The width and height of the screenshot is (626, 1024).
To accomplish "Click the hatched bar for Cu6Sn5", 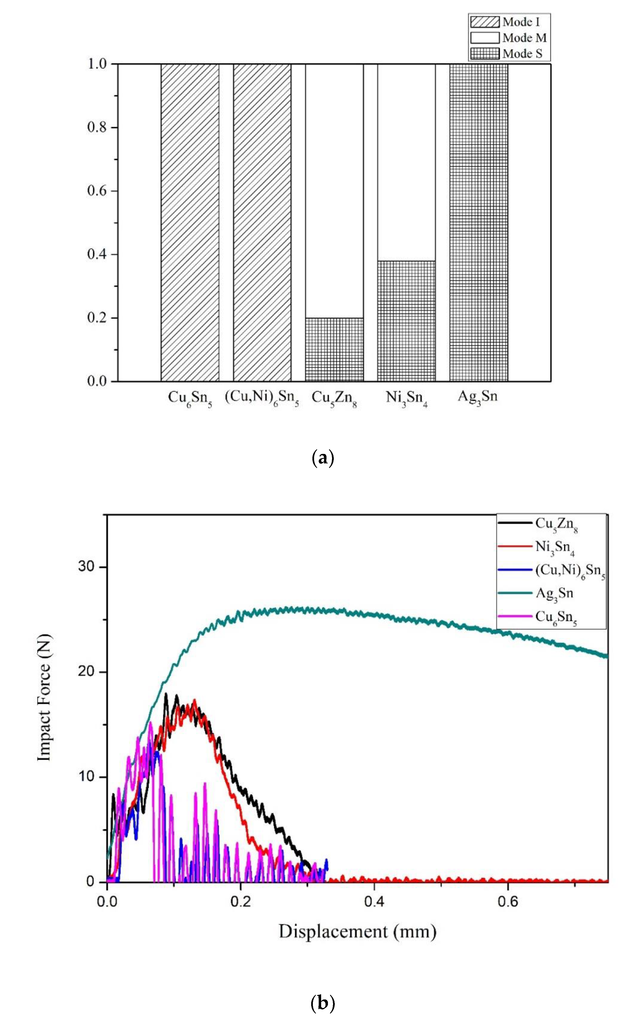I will (190, 222).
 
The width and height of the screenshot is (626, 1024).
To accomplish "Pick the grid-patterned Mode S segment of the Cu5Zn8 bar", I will (334, 350).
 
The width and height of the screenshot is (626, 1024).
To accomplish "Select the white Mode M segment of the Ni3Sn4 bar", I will (406, 162).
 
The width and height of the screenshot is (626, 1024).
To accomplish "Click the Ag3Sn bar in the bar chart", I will (478, 222).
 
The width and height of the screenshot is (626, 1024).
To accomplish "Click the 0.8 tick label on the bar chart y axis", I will (97, 128).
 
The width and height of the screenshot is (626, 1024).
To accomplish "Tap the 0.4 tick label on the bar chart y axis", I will (97, 254).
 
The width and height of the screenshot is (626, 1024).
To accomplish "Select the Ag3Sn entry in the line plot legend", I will (553, 593).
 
